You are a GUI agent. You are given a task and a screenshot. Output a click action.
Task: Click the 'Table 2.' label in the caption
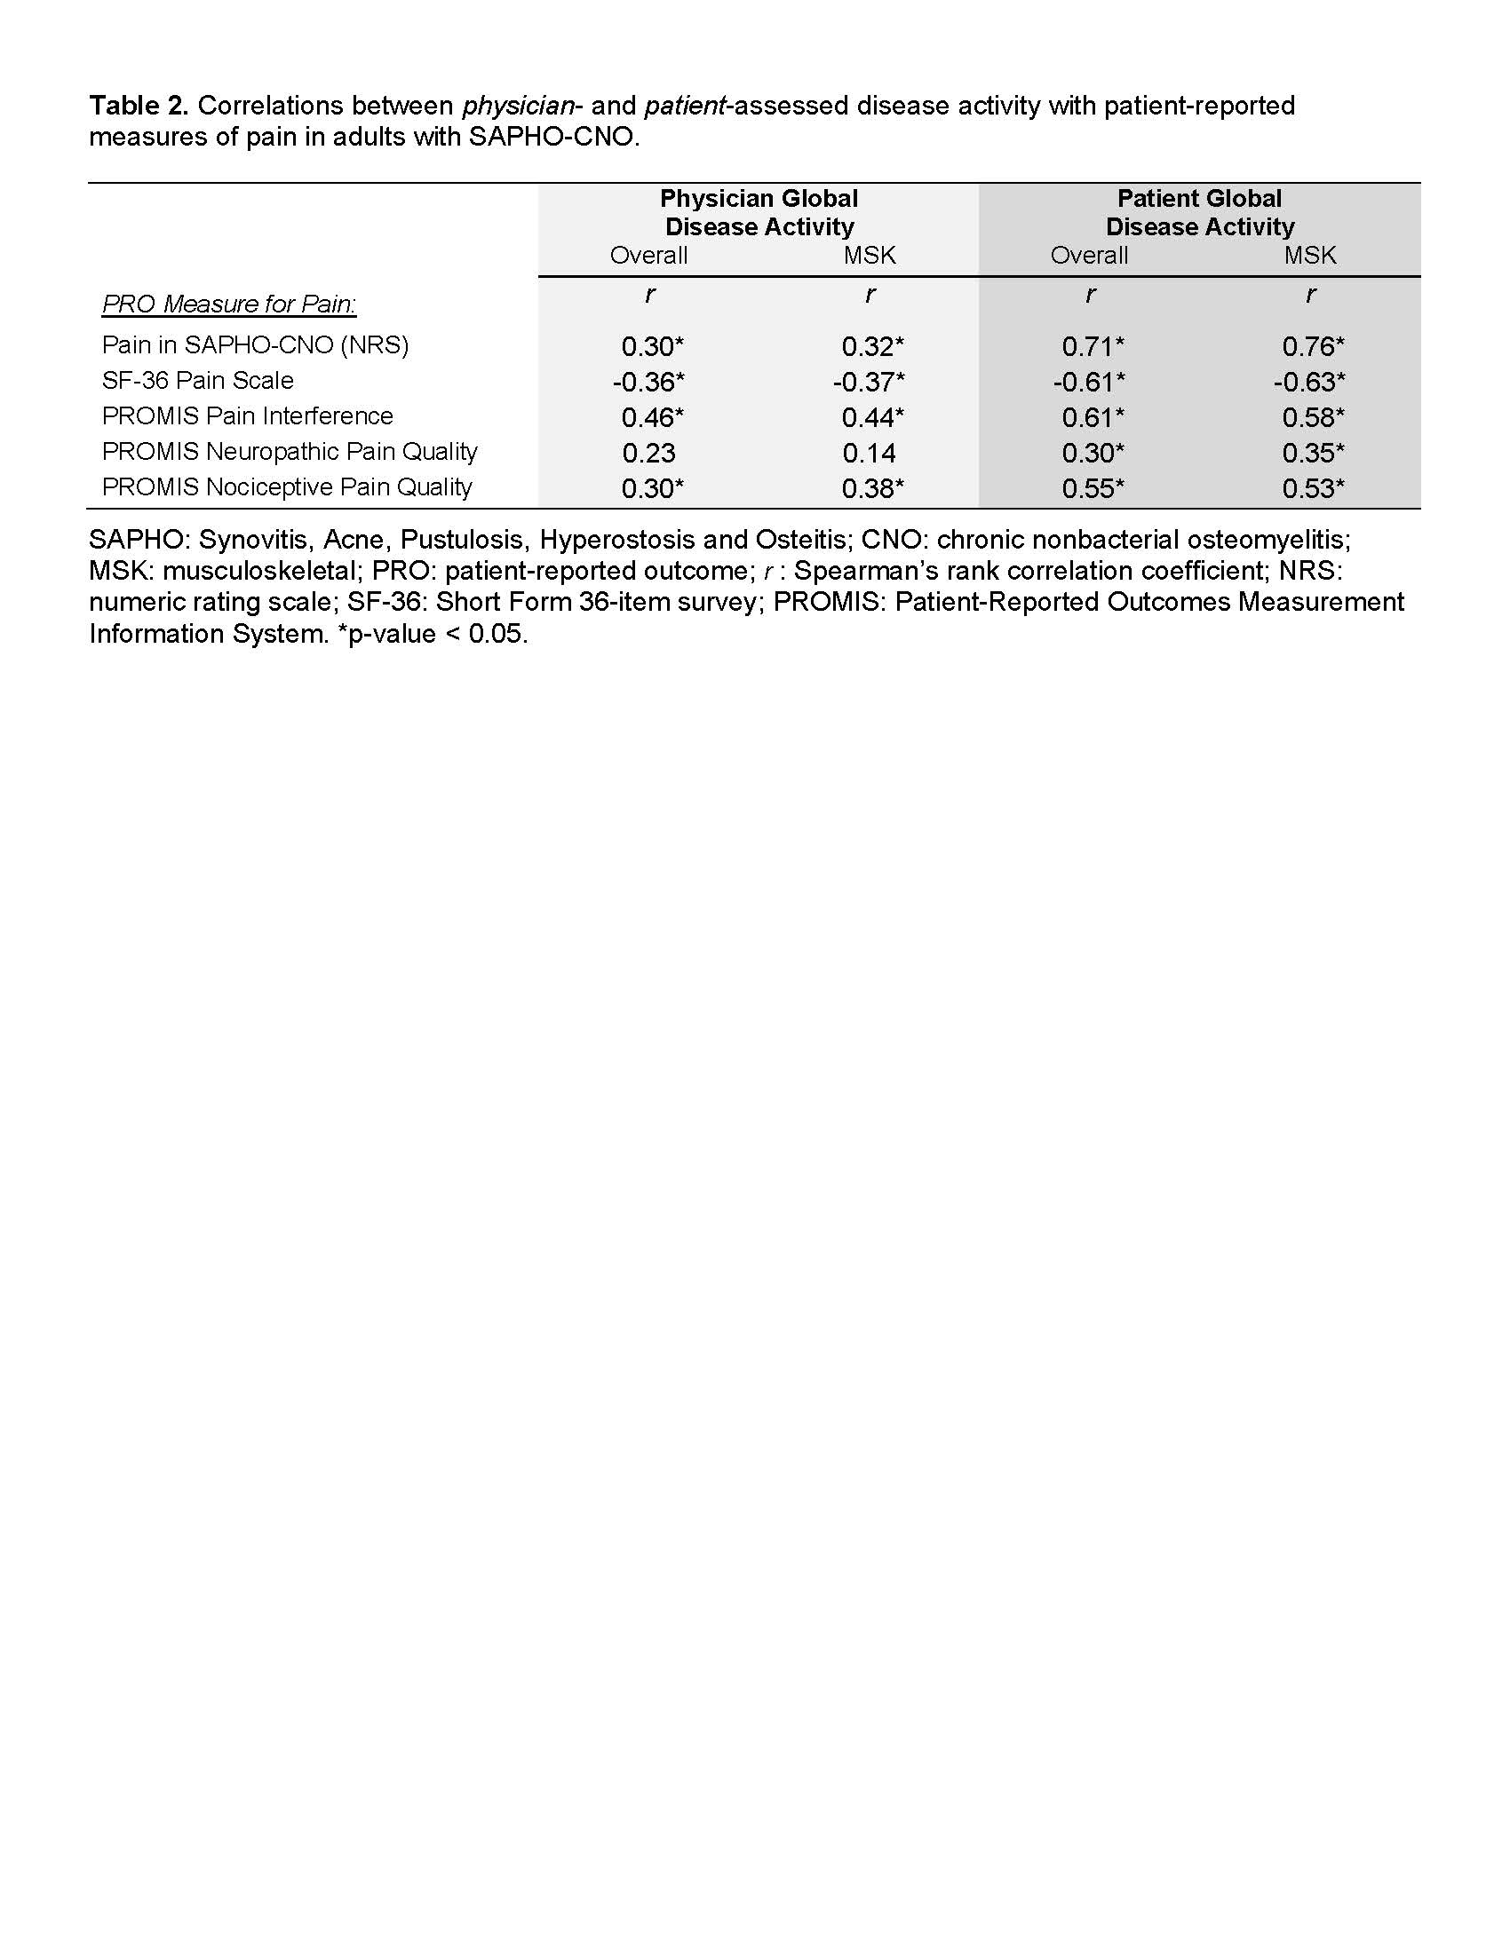coord(138,106)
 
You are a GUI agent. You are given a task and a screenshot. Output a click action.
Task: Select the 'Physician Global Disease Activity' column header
coord(759,212)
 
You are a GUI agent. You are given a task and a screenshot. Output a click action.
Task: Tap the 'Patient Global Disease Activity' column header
coord(1200,212)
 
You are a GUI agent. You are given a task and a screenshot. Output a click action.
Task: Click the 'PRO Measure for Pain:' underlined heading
coord(229,304)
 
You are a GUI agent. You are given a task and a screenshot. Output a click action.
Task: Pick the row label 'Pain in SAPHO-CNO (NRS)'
coord(255,345)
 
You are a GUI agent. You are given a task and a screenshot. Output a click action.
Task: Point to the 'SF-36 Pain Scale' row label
coord(198,381)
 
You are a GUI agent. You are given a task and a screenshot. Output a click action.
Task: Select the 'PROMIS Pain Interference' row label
coord(247,415)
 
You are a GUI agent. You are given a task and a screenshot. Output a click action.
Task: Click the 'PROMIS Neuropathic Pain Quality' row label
coord(289,452)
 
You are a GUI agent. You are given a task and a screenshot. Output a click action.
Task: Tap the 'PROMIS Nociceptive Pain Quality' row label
coord(286,487)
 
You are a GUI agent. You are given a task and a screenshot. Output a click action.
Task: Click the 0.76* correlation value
coord(1312,346)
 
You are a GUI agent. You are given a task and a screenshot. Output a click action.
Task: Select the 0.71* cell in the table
coord(1093,346)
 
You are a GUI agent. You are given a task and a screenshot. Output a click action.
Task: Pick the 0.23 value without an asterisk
coord(648,453)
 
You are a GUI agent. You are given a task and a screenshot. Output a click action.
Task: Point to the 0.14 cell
coord(869,453)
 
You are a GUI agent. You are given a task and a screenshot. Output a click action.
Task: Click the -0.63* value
coord(1309,382)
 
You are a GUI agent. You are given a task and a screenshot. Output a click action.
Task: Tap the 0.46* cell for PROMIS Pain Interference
coord(652,417)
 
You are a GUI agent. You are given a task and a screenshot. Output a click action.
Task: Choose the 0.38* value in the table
coord(872,488)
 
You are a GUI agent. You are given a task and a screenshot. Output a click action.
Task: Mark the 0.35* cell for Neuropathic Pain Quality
coord(1312,453)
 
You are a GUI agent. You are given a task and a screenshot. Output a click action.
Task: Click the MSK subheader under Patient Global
coord(1309,256)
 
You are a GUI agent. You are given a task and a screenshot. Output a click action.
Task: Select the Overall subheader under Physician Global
coord(648,256)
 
